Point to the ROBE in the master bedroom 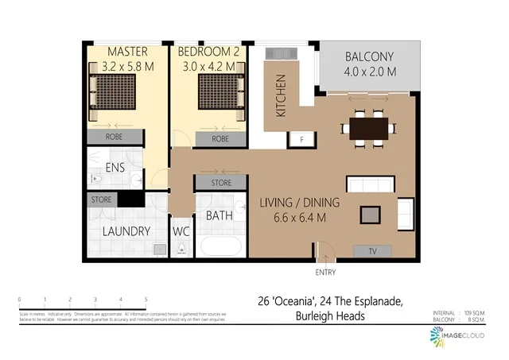pyautogui.click(x=114, y=137)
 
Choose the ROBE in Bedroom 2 pyautogui.click(x=220, y=139)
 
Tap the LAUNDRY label pyautogui.click(x=126, y=231)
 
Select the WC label pyautogui.click(x=181, y=232)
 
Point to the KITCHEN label pyautogui.click(x=281, y=96)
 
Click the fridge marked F pyautogui.click(x=301, y=140)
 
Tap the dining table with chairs pyautogui.click(x=368, y=127)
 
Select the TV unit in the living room pyautogui.click(x=373, y=251)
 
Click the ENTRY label pyautogui.click(x=325, y=273)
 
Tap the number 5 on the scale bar pyautogui.click(x=146, y=300)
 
